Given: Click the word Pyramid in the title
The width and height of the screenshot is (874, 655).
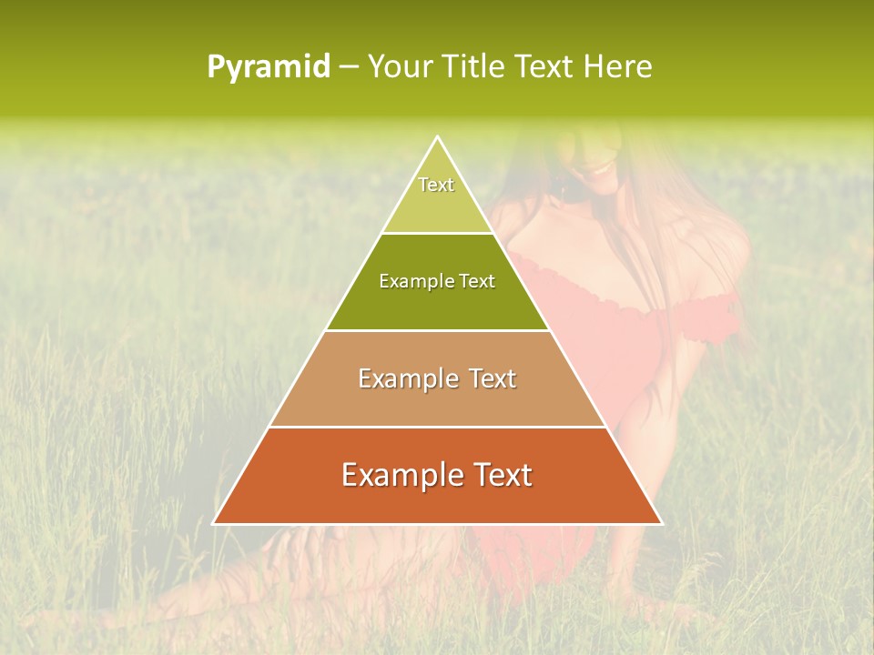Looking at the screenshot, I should coord(269,67).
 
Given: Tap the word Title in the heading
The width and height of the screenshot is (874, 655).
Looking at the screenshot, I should coord(476,66).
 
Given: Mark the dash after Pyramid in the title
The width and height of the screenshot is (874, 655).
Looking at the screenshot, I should coord(348,67).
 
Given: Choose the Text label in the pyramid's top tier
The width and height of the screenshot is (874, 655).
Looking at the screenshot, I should coord(436,185).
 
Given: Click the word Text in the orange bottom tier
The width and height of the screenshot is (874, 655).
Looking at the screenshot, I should coord(502,475).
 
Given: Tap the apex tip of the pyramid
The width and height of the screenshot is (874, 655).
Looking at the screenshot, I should coord(437,137).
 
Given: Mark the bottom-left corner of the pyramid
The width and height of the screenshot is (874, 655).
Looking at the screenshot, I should coord(214,523).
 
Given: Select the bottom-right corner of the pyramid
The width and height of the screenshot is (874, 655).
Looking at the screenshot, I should coord(661,523).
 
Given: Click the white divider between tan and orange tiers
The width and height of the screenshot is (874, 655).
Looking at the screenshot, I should coord(437,427).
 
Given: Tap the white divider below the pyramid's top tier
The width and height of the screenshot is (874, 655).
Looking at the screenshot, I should coord(437,233).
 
